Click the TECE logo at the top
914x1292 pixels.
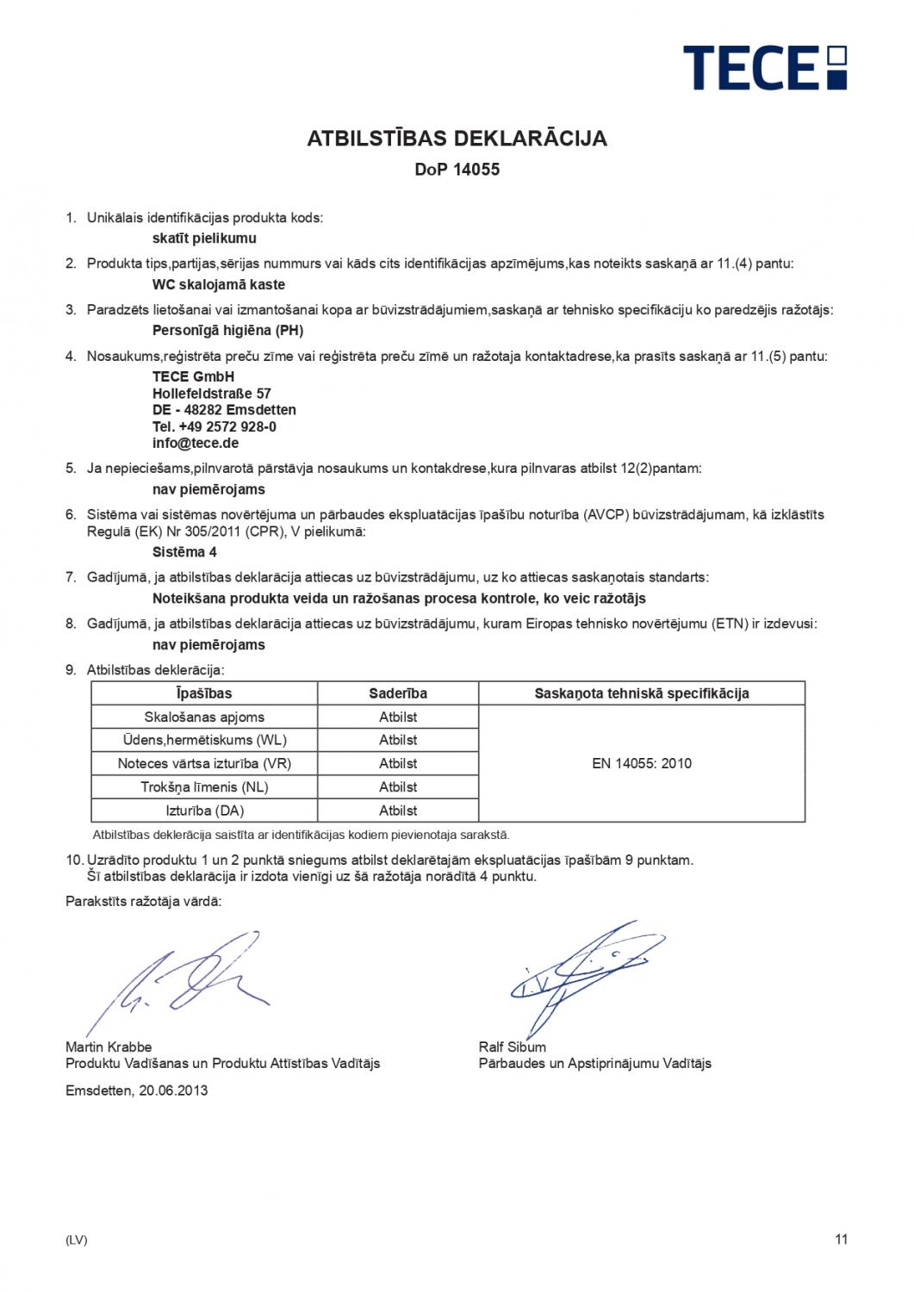(x=764, y=67)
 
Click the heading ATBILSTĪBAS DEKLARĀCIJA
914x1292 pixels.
(x=457, y=139)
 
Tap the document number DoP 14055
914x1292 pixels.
(x=457, y=170)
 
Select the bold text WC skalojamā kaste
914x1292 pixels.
(x=219, y=284)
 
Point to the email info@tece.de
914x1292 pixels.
(x=196, y=443)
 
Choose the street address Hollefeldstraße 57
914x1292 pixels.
(x=212, y=393)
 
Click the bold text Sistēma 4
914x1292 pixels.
(x=178, y=552)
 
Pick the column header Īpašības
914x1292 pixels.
(x=204, y=693)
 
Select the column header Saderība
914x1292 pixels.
(x=398, y=693)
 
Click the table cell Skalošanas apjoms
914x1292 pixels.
(x=204, y=717)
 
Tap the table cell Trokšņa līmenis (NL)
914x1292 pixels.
(x=204, y=786)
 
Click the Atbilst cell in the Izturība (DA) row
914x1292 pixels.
(x=398, y=811)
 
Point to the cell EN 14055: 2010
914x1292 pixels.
(x=642, y=763)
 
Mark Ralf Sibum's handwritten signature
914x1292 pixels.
(x=577, y=973)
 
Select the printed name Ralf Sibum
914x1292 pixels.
(x=513, y=1047)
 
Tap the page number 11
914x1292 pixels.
(x=842, y=1239)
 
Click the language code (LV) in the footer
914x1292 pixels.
(x=77, y=1240)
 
